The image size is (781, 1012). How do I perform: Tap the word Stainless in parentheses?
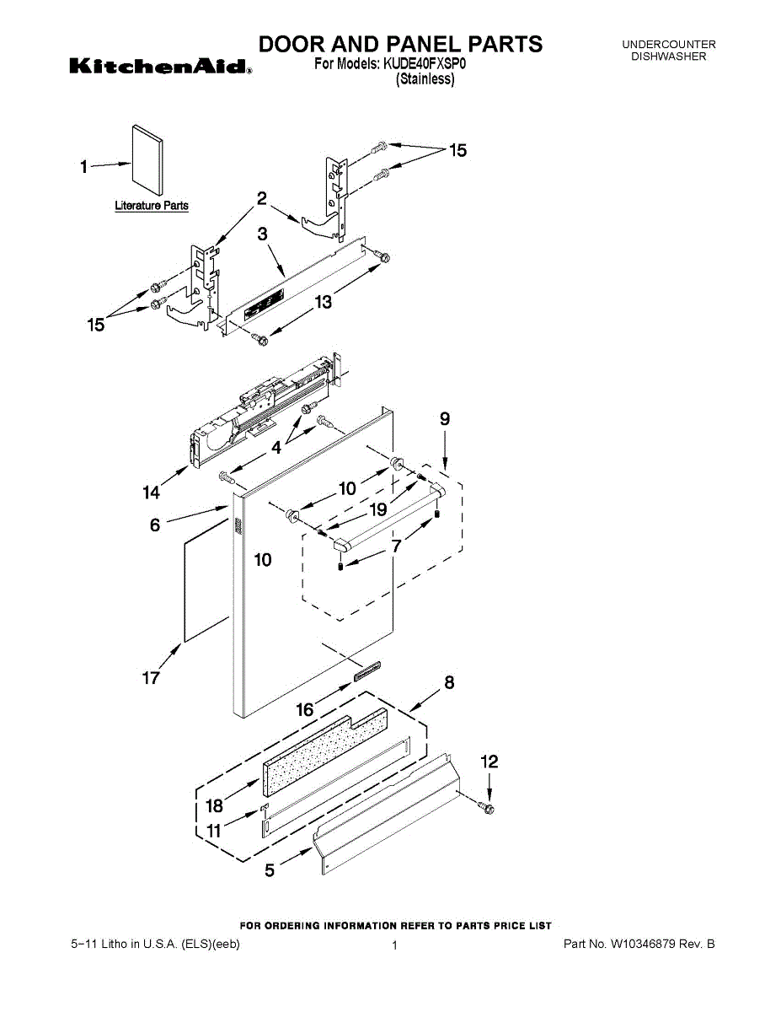tap(425, 79)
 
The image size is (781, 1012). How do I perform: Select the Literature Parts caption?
tap(152, 206)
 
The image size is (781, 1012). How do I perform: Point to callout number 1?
tap(83, 167)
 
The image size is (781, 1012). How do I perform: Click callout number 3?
tap(263, 235)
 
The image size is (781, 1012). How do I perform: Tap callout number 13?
tap(324, 301)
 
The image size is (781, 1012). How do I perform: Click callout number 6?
tap(154, 525)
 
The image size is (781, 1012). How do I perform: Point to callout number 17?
tap(151, 677)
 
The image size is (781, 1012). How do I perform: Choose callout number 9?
tap(444, 419)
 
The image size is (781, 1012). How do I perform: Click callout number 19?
tap(377, 510)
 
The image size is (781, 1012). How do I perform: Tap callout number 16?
tap(304, 710)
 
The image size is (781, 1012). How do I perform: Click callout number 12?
tap(489, 762)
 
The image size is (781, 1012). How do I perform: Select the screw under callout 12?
tap(487, 809)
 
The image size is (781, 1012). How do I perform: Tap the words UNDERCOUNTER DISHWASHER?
tap(668, 50)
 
